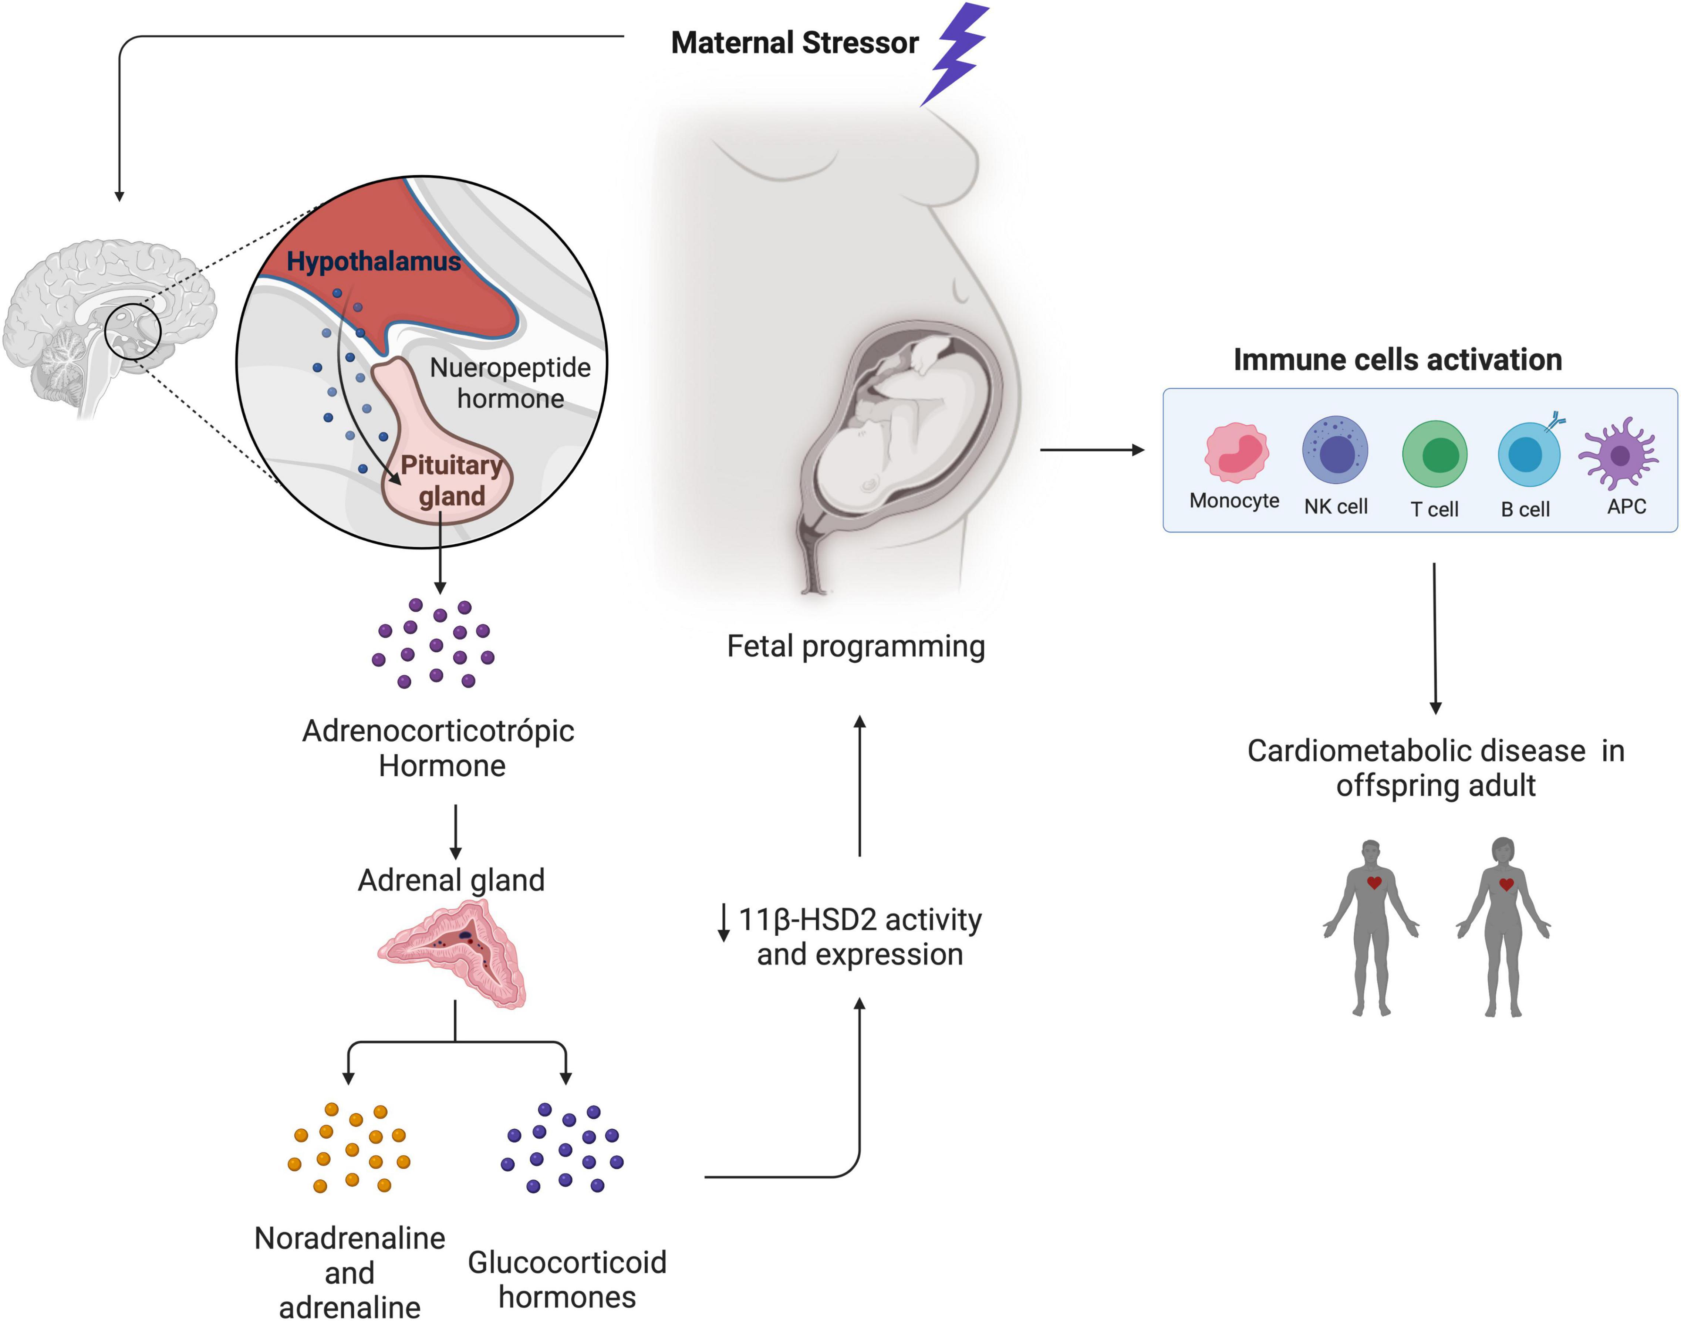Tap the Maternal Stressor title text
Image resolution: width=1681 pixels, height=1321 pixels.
point(794,43)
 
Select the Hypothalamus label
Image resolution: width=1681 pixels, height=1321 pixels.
point(374,261)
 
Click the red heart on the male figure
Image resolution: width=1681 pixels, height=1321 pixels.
point(1374,882)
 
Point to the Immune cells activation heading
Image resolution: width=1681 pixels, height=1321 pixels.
point(1397,359)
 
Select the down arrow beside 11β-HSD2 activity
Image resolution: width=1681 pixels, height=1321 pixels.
point(724,922)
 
